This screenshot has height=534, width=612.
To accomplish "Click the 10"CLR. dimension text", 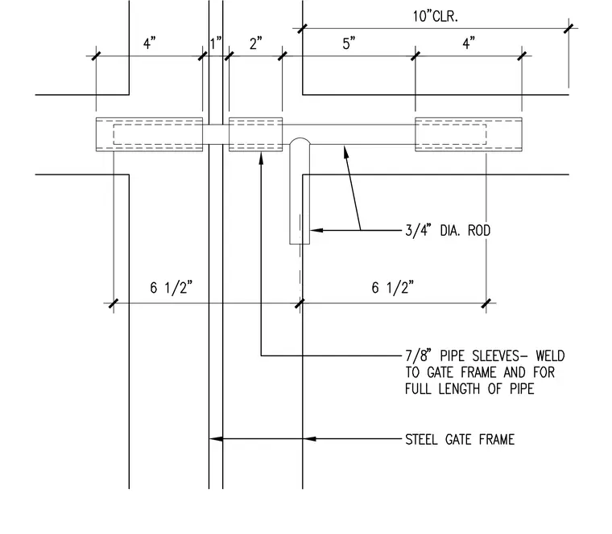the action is click(x=435, y=16).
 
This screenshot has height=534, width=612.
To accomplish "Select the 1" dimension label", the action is click(x=216, y=43).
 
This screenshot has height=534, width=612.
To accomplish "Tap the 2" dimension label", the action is click(x=255, y=43).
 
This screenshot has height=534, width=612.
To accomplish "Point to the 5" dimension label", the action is click(x=349, y=43).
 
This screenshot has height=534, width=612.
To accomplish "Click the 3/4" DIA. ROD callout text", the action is click(x=448, y=230).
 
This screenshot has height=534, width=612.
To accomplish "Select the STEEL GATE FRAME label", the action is click(x=460, y=439).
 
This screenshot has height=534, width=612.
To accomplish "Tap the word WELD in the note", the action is click(x=550, y=356).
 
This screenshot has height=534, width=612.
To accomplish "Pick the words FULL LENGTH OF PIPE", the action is click(x=469, y=388).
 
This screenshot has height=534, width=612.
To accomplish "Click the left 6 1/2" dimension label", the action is click(x=172, y=288).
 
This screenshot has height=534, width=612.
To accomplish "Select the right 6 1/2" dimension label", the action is click(x=393, y=288).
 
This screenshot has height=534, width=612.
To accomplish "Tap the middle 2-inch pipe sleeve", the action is click(x=255, y=134).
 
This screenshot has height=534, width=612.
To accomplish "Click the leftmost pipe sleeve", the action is click(x=149, y=134).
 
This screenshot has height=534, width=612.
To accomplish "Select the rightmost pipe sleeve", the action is click(x=469, y=134).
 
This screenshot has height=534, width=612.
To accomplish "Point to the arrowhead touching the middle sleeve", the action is click(x=261, y=158).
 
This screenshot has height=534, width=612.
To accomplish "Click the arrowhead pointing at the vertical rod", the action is click(x=316, y=230).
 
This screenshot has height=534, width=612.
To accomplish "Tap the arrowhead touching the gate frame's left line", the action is click(x=216, y=439).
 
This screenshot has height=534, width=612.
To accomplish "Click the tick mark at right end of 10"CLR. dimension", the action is click(x=569, y=28).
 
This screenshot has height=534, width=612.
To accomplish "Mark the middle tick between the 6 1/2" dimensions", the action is click(x=300, y=303).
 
